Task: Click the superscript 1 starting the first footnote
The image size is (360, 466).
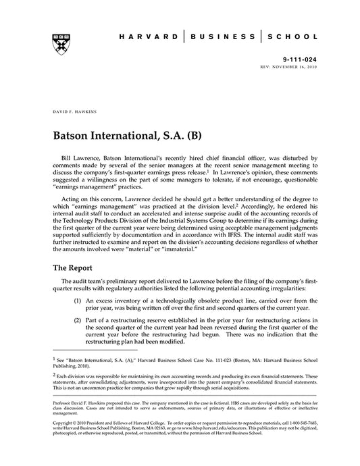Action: coord(53,360)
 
